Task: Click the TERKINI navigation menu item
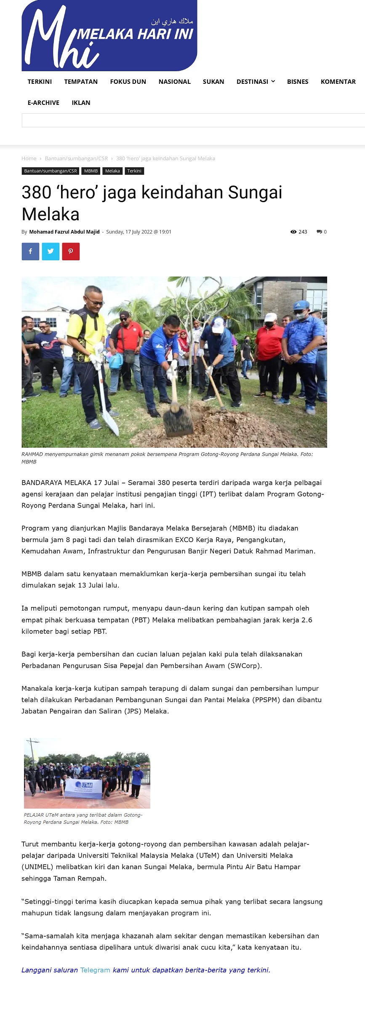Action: pyautogui.click(x=40, y=82)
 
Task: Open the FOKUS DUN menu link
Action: pyautogui.click(x=128, y=82)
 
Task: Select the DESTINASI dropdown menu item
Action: pyautogui.click(x=255, y=82)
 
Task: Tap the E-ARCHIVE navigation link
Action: pyautogui.click(x=43, y=103)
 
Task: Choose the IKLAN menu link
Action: pyautogui.click(x=81, y=103)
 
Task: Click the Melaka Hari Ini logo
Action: pyautogui.click(x=109, y=36)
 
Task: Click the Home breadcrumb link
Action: pyautogui.click(x=29, y=159)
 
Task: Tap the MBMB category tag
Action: pyautogui.click(x=91, y=171)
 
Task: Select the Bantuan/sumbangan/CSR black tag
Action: pyautogui.click(x=51, y=171)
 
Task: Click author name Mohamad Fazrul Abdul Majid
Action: pyautogui.click(x=64, y=232)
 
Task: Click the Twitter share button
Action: pyautogui.click(x=51, y=251)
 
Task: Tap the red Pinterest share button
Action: pyautogui.click(x=71, y=251)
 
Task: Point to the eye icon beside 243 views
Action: pyautogui.click(x=293, y=232)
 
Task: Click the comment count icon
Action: pyautogui.click(x=320, y=232)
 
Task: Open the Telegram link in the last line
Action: pyautogui.click(x=95, y=970)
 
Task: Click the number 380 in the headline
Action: pyautogui.click(x=36, y=193)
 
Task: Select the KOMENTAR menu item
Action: pyautogui.click(x=338, y=82)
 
